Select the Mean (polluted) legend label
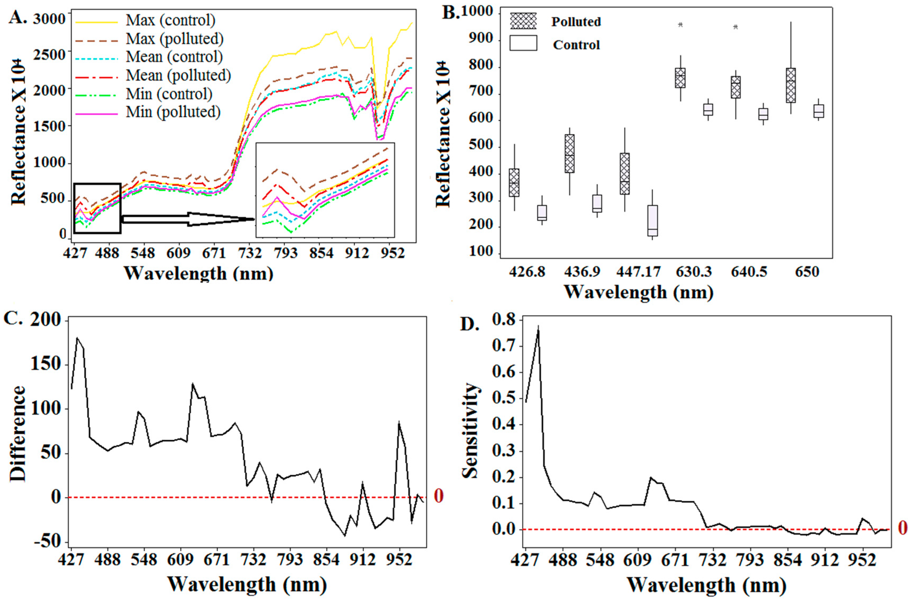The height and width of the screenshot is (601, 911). point(178,75)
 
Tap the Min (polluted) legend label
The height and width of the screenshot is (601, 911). point(173,112)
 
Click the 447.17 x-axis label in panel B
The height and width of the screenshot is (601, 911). point(638,272)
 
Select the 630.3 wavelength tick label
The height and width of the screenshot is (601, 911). point(694,272)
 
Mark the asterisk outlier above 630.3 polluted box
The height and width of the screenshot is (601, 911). point(680,25)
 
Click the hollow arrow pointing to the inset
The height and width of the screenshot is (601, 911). point(188,219)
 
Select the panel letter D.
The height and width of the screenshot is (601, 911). point(470,324)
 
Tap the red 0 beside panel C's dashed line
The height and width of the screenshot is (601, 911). point(439,496)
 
